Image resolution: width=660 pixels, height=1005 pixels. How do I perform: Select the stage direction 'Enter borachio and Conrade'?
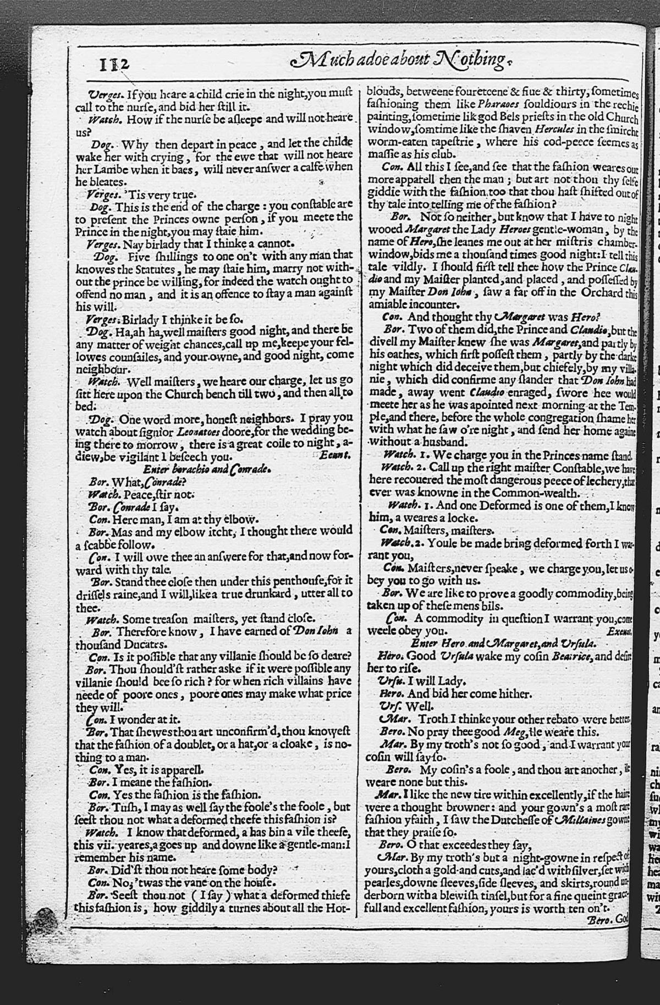207,469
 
